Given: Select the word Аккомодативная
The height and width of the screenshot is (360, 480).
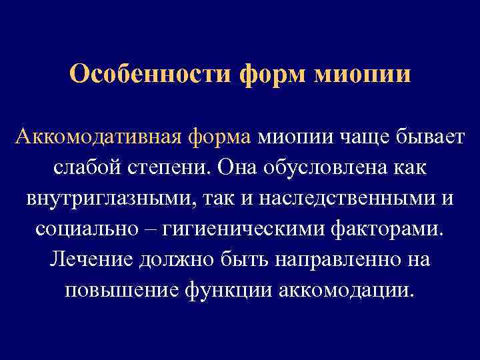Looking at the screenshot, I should coord(97,137).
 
